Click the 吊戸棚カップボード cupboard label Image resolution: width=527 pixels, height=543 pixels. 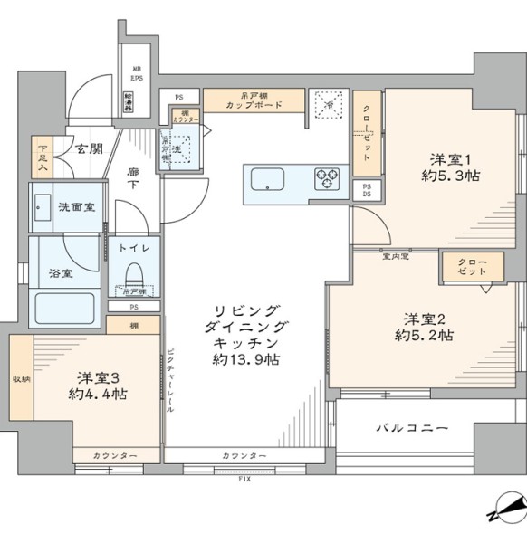pos(254,100)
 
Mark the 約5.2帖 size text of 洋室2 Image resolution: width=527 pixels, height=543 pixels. pos(423,335)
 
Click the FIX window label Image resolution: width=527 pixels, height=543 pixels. pos(244,479)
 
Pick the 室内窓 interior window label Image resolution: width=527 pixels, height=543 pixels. pos(395,257)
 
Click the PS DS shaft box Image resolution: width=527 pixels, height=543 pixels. pos(367,190)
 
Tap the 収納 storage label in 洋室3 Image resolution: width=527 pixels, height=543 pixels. pos(20,379)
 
